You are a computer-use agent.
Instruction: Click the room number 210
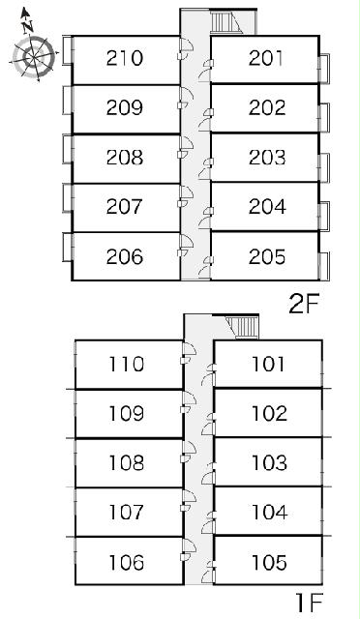[124, 58]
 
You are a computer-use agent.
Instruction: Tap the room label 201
[266, 58]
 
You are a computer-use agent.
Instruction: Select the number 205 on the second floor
[267, 257]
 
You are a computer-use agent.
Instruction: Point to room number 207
[124, 207]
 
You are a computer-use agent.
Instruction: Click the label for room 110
[126, 364]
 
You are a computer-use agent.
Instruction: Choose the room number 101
[268, 364]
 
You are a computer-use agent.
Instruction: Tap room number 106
[126, 562]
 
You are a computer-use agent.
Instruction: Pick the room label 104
[269, 513]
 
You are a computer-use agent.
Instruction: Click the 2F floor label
[304, 305]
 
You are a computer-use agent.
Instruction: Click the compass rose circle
[34, 58]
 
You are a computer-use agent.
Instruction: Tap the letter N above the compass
[27, 26]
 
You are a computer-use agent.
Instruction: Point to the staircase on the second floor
[225, 22]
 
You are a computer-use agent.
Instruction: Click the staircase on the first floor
[242, 327]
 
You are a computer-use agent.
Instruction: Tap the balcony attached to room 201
[324, 69]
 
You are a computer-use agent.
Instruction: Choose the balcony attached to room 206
[67, 248]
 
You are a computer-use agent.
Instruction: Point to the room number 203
[267, 158]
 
